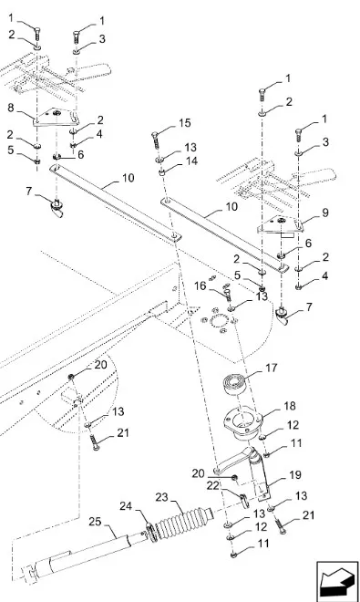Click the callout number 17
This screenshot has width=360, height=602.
point(271,368)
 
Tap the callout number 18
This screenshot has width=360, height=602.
point(289,406)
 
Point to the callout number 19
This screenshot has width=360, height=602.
point(294,475)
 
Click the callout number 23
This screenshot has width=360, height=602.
point(162,497)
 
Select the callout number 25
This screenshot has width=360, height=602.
point(95,522)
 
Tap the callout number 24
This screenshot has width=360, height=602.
point(126,506)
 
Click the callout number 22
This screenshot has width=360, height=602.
point(212,486)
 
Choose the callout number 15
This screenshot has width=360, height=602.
point(185,122)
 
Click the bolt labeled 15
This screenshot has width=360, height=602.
point(156,140)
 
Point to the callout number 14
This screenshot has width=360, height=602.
point(191,161)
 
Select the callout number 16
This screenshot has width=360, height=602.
point(200,285)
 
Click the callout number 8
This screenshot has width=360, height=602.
point(11,108)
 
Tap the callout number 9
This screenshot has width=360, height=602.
point(325,213)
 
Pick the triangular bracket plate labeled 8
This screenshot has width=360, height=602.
point(56,117)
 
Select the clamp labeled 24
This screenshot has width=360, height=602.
point(151,533)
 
